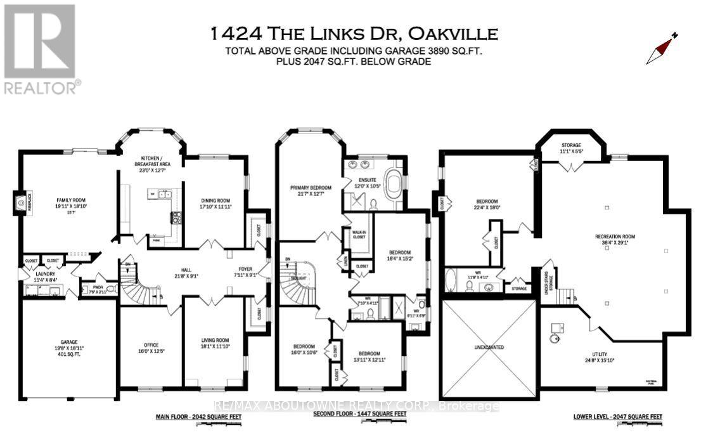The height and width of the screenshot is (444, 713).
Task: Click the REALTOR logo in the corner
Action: click(x=42, y=49)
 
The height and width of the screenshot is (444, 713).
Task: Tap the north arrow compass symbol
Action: click(x=661, y=49)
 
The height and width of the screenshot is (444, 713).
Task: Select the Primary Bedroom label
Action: click(x=311, y=191)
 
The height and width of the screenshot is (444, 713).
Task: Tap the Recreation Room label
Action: click(x=614, y=240)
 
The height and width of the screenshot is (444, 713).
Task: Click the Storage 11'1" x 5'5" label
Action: click(x=569, y=148)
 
